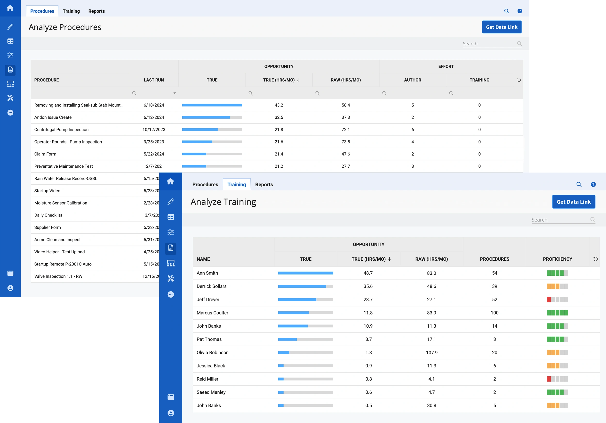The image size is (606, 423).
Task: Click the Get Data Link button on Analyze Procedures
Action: pos(502,27)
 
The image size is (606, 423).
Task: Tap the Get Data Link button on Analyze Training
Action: pos(574,202)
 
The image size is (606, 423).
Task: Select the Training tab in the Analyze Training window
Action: pos(237,184)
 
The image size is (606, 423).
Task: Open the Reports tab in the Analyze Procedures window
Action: pos(96,11)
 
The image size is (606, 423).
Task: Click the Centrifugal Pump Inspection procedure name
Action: pos(61,129)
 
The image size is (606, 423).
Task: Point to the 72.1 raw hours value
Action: pos(345,129)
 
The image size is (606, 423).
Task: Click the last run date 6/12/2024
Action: pos(154,117)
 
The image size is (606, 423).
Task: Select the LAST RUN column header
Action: pos(154,80)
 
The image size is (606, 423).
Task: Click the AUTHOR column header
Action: pos(412,80)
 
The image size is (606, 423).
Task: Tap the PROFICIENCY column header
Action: pos(557,259)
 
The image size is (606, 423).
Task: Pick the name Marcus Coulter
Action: pos(212,313)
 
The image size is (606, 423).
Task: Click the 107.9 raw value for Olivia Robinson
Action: pos(431,352)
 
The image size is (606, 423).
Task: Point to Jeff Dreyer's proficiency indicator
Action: pos(557,299)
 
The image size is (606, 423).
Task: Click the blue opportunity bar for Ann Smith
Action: pos(305,273)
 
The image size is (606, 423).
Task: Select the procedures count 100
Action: pos(494,313)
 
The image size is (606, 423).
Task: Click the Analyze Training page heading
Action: pos(223,202)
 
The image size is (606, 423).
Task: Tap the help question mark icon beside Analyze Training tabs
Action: pos(593,184)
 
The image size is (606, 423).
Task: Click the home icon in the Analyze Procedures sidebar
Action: pos(10,8)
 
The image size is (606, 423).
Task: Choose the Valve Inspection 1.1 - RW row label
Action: pos(58,276)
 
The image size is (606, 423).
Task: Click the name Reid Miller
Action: pos(207,379)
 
